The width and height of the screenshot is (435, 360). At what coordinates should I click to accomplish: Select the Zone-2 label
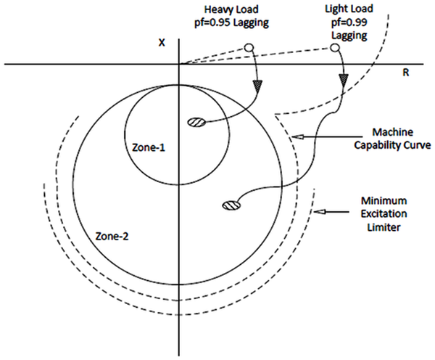112,236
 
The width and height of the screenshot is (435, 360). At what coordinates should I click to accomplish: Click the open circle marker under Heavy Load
248,48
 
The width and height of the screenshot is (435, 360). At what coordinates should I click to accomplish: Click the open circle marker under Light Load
335,49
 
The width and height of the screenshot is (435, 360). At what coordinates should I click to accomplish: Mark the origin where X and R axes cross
179,65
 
